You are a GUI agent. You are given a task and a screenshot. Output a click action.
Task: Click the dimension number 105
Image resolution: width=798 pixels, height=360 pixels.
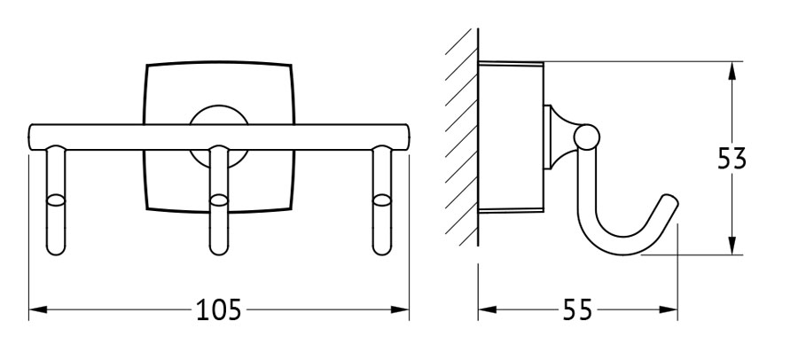(218, 309)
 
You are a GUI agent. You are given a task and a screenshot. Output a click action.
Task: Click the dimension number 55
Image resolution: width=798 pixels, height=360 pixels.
(577, 309)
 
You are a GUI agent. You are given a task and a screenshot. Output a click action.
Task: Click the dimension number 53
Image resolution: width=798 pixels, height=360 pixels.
(731, 159)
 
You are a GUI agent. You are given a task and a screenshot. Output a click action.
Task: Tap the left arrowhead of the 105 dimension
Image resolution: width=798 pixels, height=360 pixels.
(38, 309)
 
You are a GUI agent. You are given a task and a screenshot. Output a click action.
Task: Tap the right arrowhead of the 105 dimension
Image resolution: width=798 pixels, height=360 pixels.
(400, 309)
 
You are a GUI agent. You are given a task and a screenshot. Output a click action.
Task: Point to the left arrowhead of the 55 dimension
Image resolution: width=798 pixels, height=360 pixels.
(488, 309)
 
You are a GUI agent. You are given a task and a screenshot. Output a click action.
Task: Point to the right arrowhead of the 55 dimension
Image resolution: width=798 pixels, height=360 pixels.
(669, 309)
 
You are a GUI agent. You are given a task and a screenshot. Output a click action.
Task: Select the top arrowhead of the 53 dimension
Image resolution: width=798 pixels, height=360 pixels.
(731, 71)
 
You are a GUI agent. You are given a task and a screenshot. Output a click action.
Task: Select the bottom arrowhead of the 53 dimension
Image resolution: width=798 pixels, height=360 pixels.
(731, 246)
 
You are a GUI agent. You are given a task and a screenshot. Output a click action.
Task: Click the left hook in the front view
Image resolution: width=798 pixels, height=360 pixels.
(56, 200)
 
